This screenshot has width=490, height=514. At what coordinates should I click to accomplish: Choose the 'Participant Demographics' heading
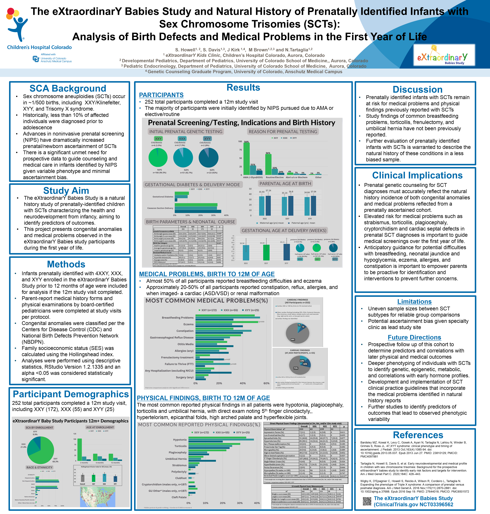click(x=71, y=394)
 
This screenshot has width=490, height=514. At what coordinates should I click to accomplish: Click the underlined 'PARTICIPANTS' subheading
click(x=161, y=95)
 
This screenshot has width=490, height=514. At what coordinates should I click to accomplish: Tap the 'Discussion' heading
click(x=417, y=89)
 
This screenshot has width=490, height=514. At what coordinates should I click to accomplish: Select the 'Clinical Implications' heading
click(x=417, y=175)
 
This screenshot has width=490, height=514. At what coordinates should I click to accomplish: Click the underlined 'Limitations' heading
click(x=414, y=302)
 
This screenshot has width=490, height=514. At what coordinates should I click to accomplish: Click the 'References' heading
click(x=418, y=435)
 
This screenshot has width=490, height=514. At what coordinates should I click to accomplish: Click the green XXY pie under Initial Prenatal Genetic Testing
click(x=158, y=157)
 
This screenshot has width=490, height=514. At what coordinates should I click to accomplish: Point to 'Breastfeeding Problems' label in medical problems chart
click(x=178, y=318)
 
